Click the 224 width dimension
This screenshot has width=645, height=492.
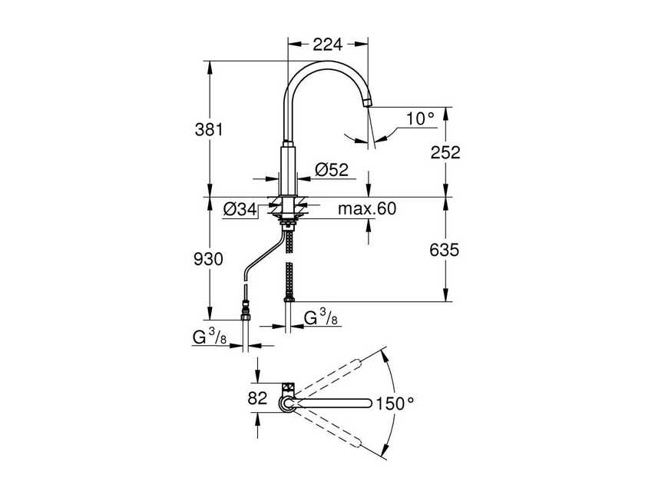coord(327,44)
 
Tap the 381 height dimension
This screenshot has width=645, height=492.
coord(209,129)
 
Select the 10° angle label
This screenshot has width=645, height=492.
coord(421,118)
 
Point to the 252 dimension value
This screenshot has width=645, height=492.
coord(445,152)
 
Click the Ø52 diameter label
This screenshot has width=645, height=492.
coord(332,169)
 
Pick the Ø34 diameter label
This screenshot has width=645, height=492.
coord(240,210)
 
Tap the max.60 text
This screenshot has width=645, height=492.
coord(367,209)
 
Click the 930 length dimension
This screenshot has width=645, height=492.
coord(208,259)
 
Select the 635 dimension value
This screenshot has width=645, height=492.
coord(444,250)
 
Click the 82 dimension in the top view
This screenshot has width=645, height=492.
coord(257,398)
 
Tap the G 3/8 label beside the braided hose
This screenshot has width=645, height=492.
coord(320,317)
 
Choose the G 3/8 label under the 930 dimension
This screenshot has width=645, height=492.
coord(210,338)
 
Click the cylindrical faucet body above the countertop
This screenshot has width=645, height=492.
coord(288,169)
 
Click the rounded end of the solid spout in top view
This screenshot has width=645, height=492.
coord(367,403)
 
